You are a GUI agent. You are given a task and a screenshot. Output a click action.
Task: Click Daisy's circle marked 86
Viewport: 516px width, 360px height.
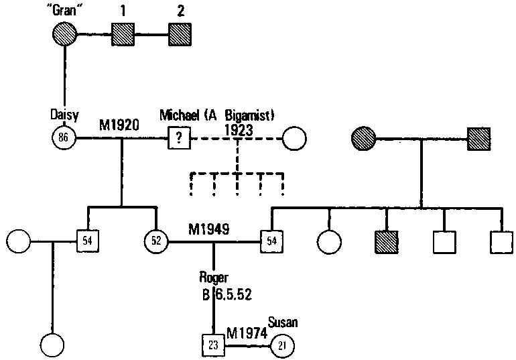pyautogui.click(x=64, y=139)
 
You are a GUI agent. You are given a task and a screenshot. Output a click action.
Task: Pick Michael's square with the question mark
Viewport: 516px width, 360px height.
pyautogui.click(x=179, y=139)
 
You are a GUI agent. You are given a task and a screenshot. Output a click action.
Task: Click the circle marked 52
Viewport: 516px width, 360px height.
pyautogui.click(x=156, y=239)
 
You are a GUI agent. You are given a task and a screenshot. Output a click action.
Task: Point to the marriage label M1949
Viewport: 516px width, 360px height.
pyautogui.click(x=210, y=229)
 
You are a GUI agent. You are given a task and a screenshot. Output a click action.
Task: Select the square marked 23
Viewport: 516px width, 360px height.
pyautogui.click(x=213, y=345)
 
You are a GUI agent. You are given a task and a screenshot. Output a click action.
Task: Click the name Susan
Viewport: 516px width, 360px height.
pyautogui.click(x=282, y=322)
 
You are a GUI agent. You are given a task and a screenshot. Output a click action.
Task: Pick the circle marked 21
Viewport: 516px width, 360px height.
pyautogui.click(x=281, y=345)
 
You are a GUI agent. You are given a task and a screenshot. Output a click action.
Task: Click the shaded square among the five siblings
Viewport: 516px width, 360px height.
pyautogui.click(x=387, y=239)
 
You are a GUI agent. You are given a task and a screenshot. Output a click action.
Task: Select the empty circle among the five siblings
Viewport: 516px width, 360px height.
pyautogui.click(x=329, y=239)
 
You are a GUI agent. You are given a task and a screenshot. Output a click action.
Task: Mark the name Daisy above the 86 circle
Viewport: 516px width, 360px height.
pyautogui.click(x=64, y=115)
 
